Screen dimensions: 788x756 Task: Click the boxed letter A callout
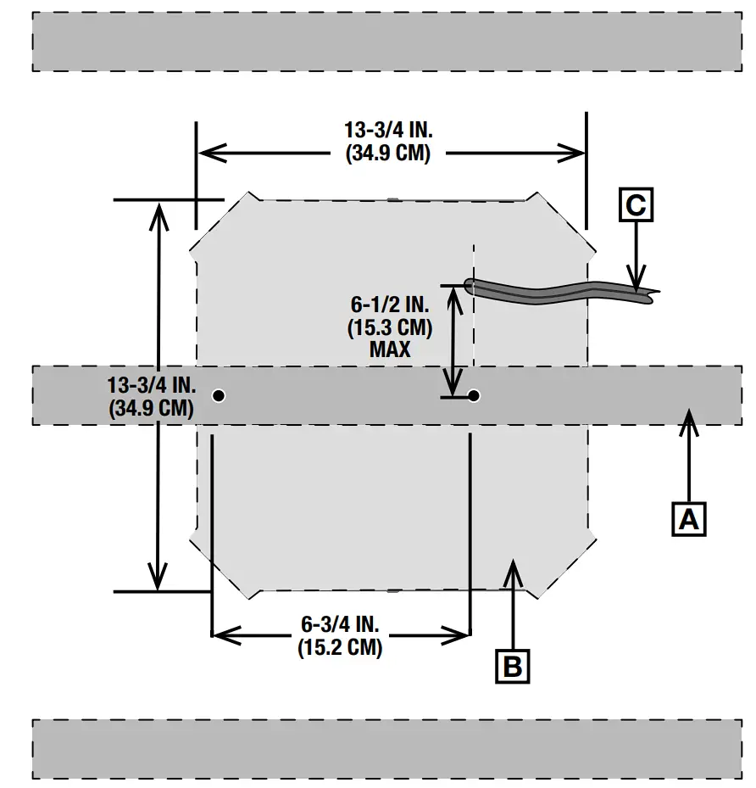[x=690, y=517]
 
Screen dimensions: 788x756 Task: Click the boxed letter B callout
[x=513, y=665]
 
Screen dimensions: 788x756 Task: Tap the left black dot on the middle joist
[x=219, y=395]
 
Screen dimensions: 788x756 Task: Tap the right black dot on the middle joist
[x=474, y=395]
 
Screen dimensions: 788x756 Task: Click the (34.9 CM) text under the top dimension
[x=389, y=154]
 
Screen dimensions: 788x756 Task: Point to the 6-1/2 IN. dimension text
[x=389, y=304]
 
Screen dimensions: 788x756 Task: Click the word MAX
[x=389, y=349]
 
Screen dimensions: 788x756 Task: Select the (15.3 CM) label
[x=389, y=327]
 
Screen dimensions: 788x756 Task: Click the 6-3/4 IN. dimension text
[x=340, y=624]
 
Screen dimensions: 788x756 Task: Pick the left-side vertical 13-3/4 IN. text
[x=152, y=383]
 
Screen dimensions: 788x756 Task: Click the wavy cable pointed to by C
[x=551, y=289]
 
